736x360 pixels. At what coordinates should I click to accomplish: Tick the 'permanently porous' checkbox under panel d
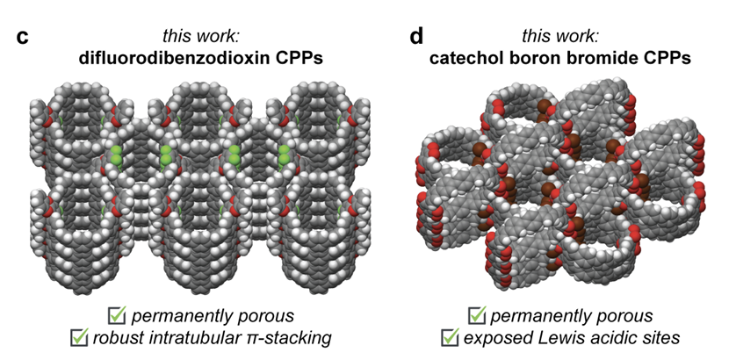tap(479, 314)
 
